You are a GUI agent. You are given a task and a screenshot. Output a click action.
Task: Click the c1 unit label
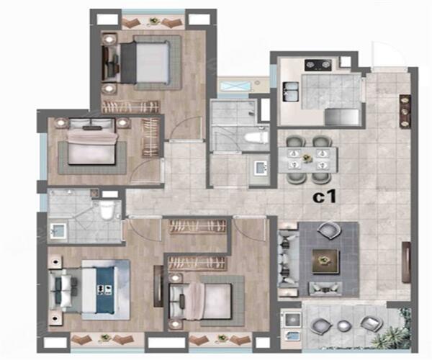[325, 197]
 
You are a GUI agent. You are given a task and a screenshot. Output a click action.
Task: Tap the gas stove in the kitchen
[319, 65]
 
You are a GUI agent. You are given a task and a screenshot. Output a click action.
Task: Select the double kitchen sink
[290, 92]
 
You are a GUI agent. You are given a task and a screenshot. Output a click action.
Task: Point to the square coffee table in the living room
[325, 261]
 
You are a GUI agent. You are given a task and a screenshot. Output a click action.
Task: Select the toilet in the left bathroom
[107, 210]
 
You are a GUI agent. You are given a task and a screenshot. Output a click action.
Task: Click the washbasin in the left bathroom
[58, 231]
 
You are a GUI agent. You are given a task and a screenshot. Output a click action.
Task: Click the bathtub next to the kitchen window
[235, 86]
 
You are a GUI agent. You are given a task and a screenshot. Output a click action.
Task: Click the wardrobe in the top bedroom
[131, 107]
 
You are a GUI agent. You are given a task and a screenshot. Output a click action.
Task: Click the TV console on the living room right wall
[407, 262]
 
